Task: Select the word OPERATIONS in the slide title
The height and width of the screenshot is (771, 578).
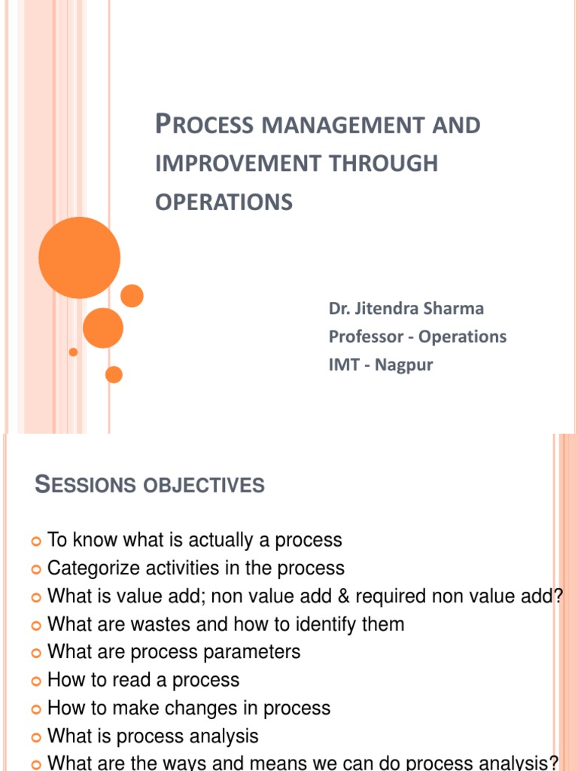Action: click(224, 203)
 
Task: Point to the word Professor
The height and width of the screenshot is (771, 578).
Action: click(365, 337)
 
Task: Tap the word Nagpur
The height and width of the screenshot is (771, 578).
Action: click(404, 365)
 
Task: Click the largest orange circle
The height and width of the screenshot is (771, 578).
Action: click(79, 258)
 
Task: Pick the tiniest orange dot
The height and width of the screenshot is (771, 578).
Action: click(73, 352)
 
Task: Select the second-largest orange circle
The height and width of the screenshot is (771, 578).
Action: click(103, 328)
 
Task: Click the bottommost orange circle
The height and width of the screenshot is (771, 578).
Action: click(114, 374)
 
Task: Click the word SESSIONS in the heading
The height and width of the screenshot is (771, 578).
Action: click(83, 485)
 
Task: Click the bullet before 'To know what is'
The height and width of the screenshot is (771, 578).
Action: click(35, 541)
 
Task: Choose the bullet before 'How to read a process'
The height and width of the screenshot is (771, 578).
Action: click(35, 681)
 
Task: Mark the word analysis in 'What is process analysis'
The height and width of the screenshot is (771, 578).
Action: click(224, 736)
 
